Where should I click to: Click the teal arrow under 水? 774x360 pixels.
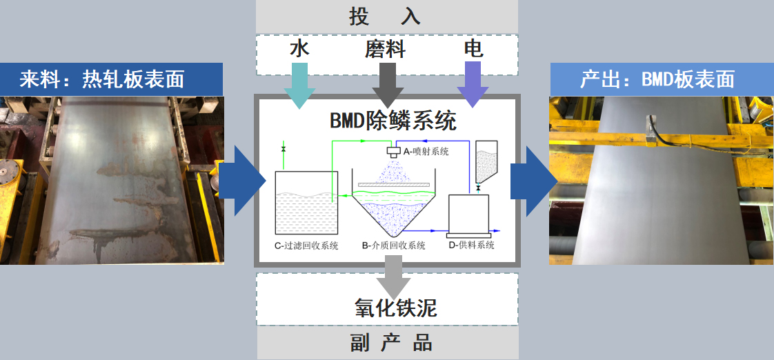[x=299, y=86]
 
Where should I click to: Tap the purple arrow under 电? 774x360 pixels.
[x=473, y=84]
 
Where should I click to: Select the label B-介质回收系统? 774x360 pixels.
[x=393, y=246]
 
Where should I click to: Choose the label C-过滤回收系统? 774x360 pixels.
[x=306, y=246]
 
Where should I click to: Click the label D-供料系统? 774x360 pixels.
[x=471, y=245]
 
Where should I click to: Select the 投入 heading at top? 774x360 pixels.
[x=385, y=17]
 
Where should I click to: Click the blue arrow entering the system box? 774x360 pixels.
[x=242, y=181]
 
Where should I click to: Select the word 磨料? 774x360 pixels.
[x=386, y=50]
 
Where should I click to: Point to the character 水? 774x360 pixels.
[x=299, y=50]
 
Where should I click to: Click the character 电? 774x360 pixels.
[x=473, y=50]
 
